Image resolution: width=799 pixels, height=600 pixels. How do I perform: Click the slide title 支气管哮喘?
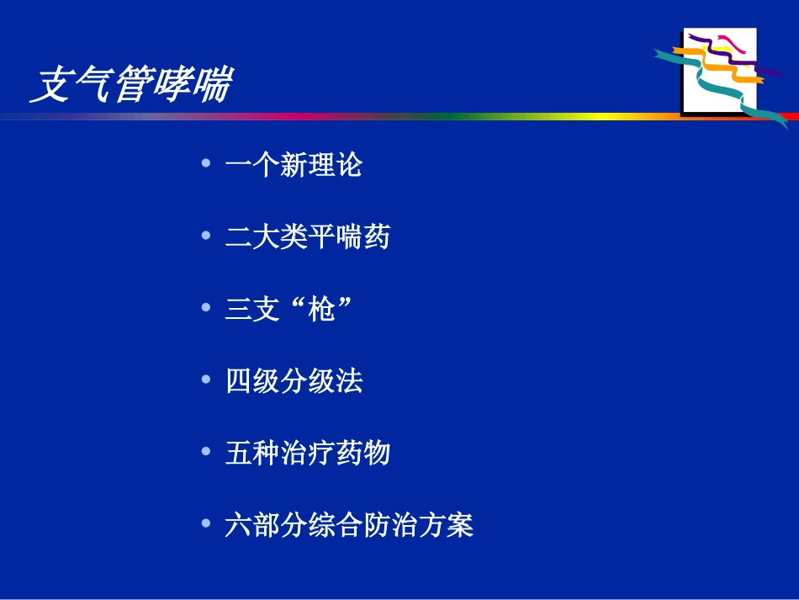pos(130,86)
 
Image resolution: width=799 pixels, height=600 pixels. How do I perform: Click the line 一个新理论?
pos(294,165)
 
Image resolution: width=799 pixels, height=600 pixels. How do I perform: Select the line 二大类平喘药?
pos(308,237)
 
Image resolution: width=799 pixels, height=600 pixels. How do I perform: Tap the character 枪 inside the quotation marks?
pos(322,311)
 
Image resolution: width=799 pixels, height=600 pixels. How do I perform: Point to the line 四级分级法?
pos(294,382)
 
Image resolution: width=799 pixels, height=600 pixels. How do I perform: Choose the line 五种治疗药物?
pos(308,454)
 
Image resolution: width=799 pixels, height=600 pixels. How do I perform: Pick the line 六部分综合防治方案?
pos(349,526)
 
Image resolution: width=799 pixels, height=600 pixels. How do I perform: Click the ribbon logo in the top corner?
pos(720,71)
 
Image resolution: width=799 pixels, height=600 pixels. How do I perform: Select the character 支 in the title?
pos(50,86)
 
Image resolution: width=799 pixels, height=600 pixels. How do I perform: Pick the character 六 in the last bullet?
pos(239,526)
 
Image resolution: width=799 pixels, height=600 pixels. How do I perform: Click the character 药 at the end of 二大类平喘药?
pos(377,237)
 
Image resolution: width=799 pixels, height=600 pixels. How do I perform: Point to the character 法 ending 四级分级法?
pos(349,382)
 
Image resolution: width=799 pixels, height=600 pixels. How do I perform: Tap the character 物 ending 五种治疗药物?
pos(377,454)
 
